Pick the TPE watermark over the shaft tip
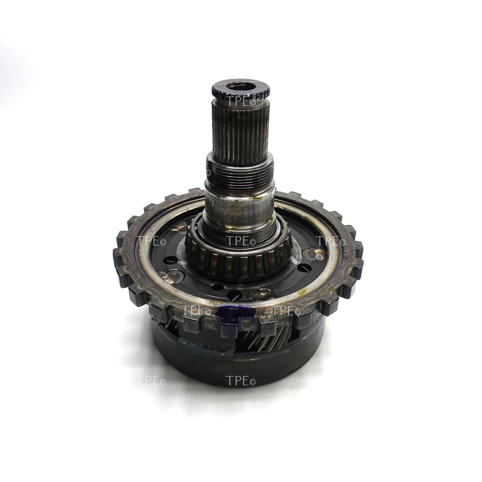pyautogui.click(x=241, y=102)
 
